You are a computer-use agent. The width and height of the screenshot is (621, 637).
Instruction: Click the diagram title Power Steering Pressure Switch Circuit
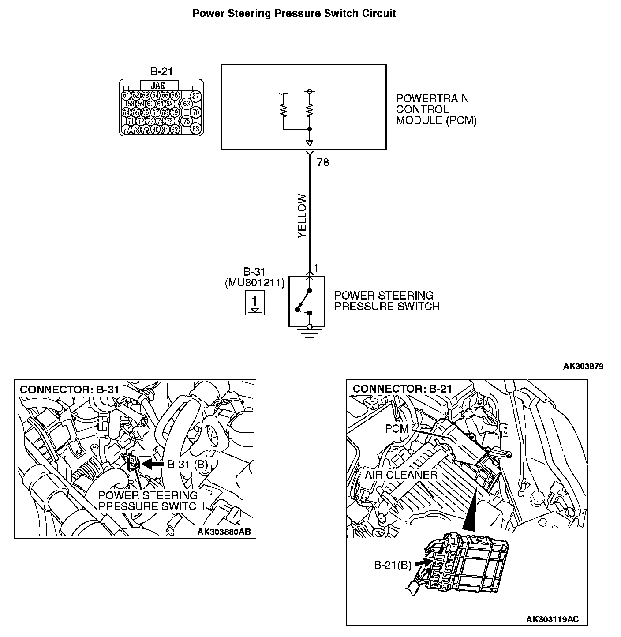pos(294,14)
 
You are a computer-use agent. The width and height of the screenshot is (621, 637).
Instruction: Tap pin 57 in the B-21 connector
pos(196,96)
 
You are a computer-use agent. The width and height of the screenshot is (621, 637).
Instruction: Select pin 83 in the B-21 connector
pos(196,129)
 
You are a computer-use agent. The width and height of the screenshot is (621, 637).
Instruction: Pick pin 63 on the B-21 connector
pos(187,104)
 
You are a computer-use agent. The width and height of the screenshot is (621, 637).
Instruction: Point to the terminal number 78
pos(323,163)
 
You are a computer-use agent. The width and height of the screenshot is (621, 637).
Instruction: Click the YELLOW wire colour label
pos(302,216)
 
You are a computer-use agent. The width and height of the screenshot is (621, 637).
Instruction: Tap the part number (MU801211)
pos(254,283)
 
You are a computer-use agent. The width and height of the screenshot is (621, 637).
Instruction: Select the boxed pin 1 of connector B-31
pos(255,303)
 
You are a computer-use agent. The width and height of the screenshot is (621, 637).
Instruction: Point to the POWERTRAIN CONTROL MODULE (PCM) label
pos(436,109)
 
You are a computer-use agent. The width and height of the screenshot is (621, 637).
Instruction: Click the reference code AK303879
pos(583,366)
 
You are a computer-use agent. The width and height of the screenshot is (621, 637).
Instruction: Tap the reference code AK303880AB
pos(224,532)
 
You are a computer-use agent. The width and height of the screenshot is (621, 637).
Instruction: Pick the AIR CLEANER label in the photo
pos(400,475)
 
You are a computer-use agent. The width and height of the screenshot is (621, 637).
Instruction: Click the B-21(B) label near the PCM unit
pos(393,565)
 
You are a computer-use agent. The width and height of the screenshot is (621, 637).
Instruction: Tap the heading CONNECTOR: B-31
pos(69,390)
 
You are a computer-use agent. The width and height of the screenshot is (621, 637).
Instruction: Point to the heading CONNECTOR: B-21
pos(402,389)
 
